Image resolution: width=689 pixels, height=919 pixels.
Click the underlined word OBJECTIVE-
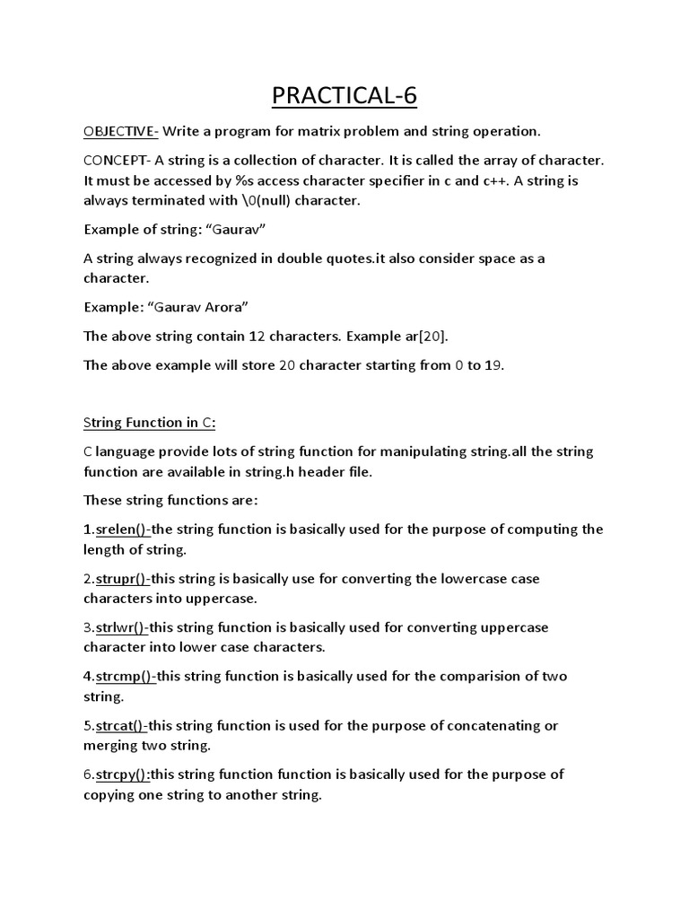tap(121, 131)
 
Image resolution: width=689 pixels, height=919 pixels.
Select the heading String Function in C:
tap(150, 423)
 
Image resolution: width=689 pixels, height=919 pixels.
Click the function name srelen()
tap(123, 530)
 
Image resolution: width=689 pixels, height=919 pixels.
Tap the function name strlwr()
tap(122, 627)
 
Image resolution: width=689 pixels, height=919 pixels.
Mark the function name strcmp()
tap(126, 676)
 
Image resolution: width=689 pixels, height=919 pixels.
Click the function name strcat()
tap(122, 725)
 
